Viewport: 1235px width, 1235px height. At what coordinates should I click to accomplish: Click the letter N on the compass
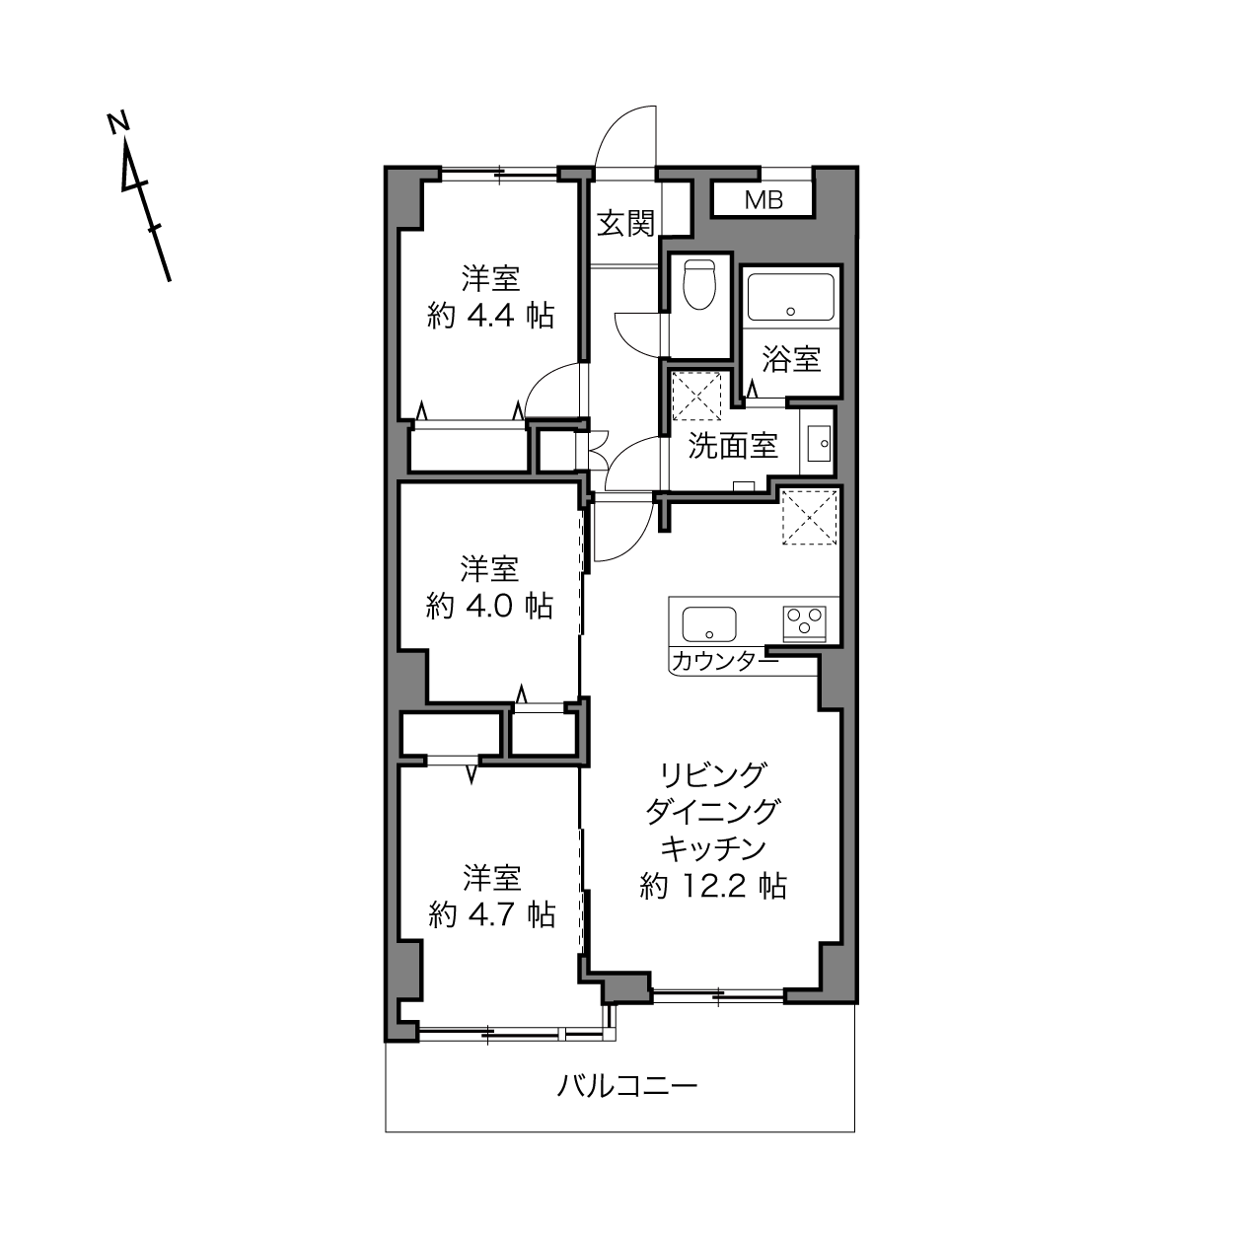coord(117,123)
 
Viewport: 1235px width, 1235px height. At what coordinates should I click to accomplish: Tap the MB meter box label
coord(763,200)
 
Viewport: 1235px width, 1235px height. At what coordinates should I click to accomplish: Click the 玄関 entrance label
coord(625,224)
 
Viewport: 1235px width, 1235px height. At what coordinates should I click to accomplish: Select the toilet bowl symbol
coord(699,284)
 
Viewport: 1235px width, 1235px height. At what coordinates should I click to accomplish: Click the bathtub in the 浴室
coord(791,297)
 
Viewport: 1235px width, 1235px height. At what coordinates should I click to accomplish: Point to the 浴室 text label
coord(791,359)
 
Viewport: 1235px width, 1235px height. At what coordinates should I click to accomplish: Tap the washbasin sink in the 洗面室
coord(819,443)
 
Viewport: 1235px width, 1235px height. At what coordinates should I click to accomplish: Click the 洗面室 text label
coord(733,446)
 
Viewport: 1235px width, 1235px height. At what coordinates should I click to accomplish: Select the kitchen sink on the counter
coord(709,623)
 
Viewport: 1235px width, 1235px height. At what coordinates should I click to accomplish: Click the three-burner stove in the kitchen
coord(804,623)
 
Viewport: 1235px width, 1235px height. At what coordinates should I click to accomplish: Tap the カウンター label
coord(725,661)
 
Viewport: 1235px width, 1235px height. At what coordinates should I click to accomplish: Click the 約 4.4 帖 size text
coord(490,316)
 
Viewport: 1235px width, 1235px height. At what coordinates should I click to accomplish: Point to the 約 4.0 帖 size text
coord(489,606)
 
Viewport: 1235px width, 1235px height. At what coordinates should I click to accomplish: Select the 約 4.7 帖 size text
coord(491,914)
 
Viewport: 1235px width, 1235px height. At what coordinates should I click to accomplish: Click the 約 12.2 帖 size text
coord(712,887)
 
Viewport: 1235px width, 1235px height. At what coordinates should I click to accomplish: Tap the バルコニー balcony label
coord(626,1086)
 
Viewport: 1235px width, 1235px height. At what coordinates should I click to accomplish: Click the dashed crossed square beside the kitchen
coord(810,517)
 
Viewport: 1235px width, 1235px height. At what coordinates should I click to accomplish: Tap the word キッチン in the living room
coord(712,849)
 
